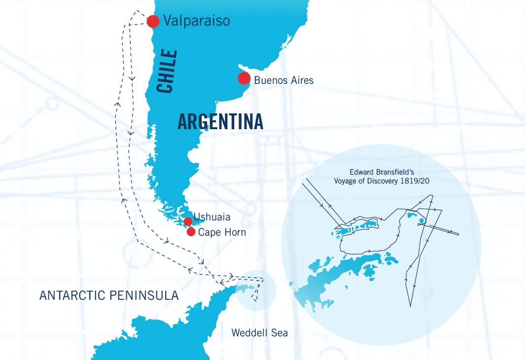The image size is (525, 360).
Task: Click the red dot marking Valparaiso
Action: (x=153, y=21)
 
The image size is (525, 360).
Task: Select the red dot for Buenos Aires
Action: (x=244, y=78)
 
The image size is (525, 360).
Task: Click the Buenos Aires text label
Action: (x=283, y=80)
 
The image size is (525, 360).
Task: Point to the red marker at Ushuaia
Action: (x=188, y=221)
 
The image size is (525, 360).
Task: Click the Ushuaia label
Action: (x=212, y=217)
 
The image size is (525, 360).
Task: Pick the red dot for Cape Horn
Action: (x=191, y=232)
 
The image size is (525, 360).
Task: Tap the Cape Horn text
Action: (x=222, y=232)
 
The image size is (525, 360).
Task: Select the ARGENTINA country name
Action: (x=220, y=122)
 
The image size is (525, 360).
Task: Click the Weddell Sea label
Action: (x=260, y=333)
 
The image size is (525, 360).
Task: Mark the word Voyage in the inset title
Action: (x=348, y=180)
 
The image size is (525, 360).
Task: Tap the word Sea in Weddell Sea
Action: (x=279, y=333)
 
